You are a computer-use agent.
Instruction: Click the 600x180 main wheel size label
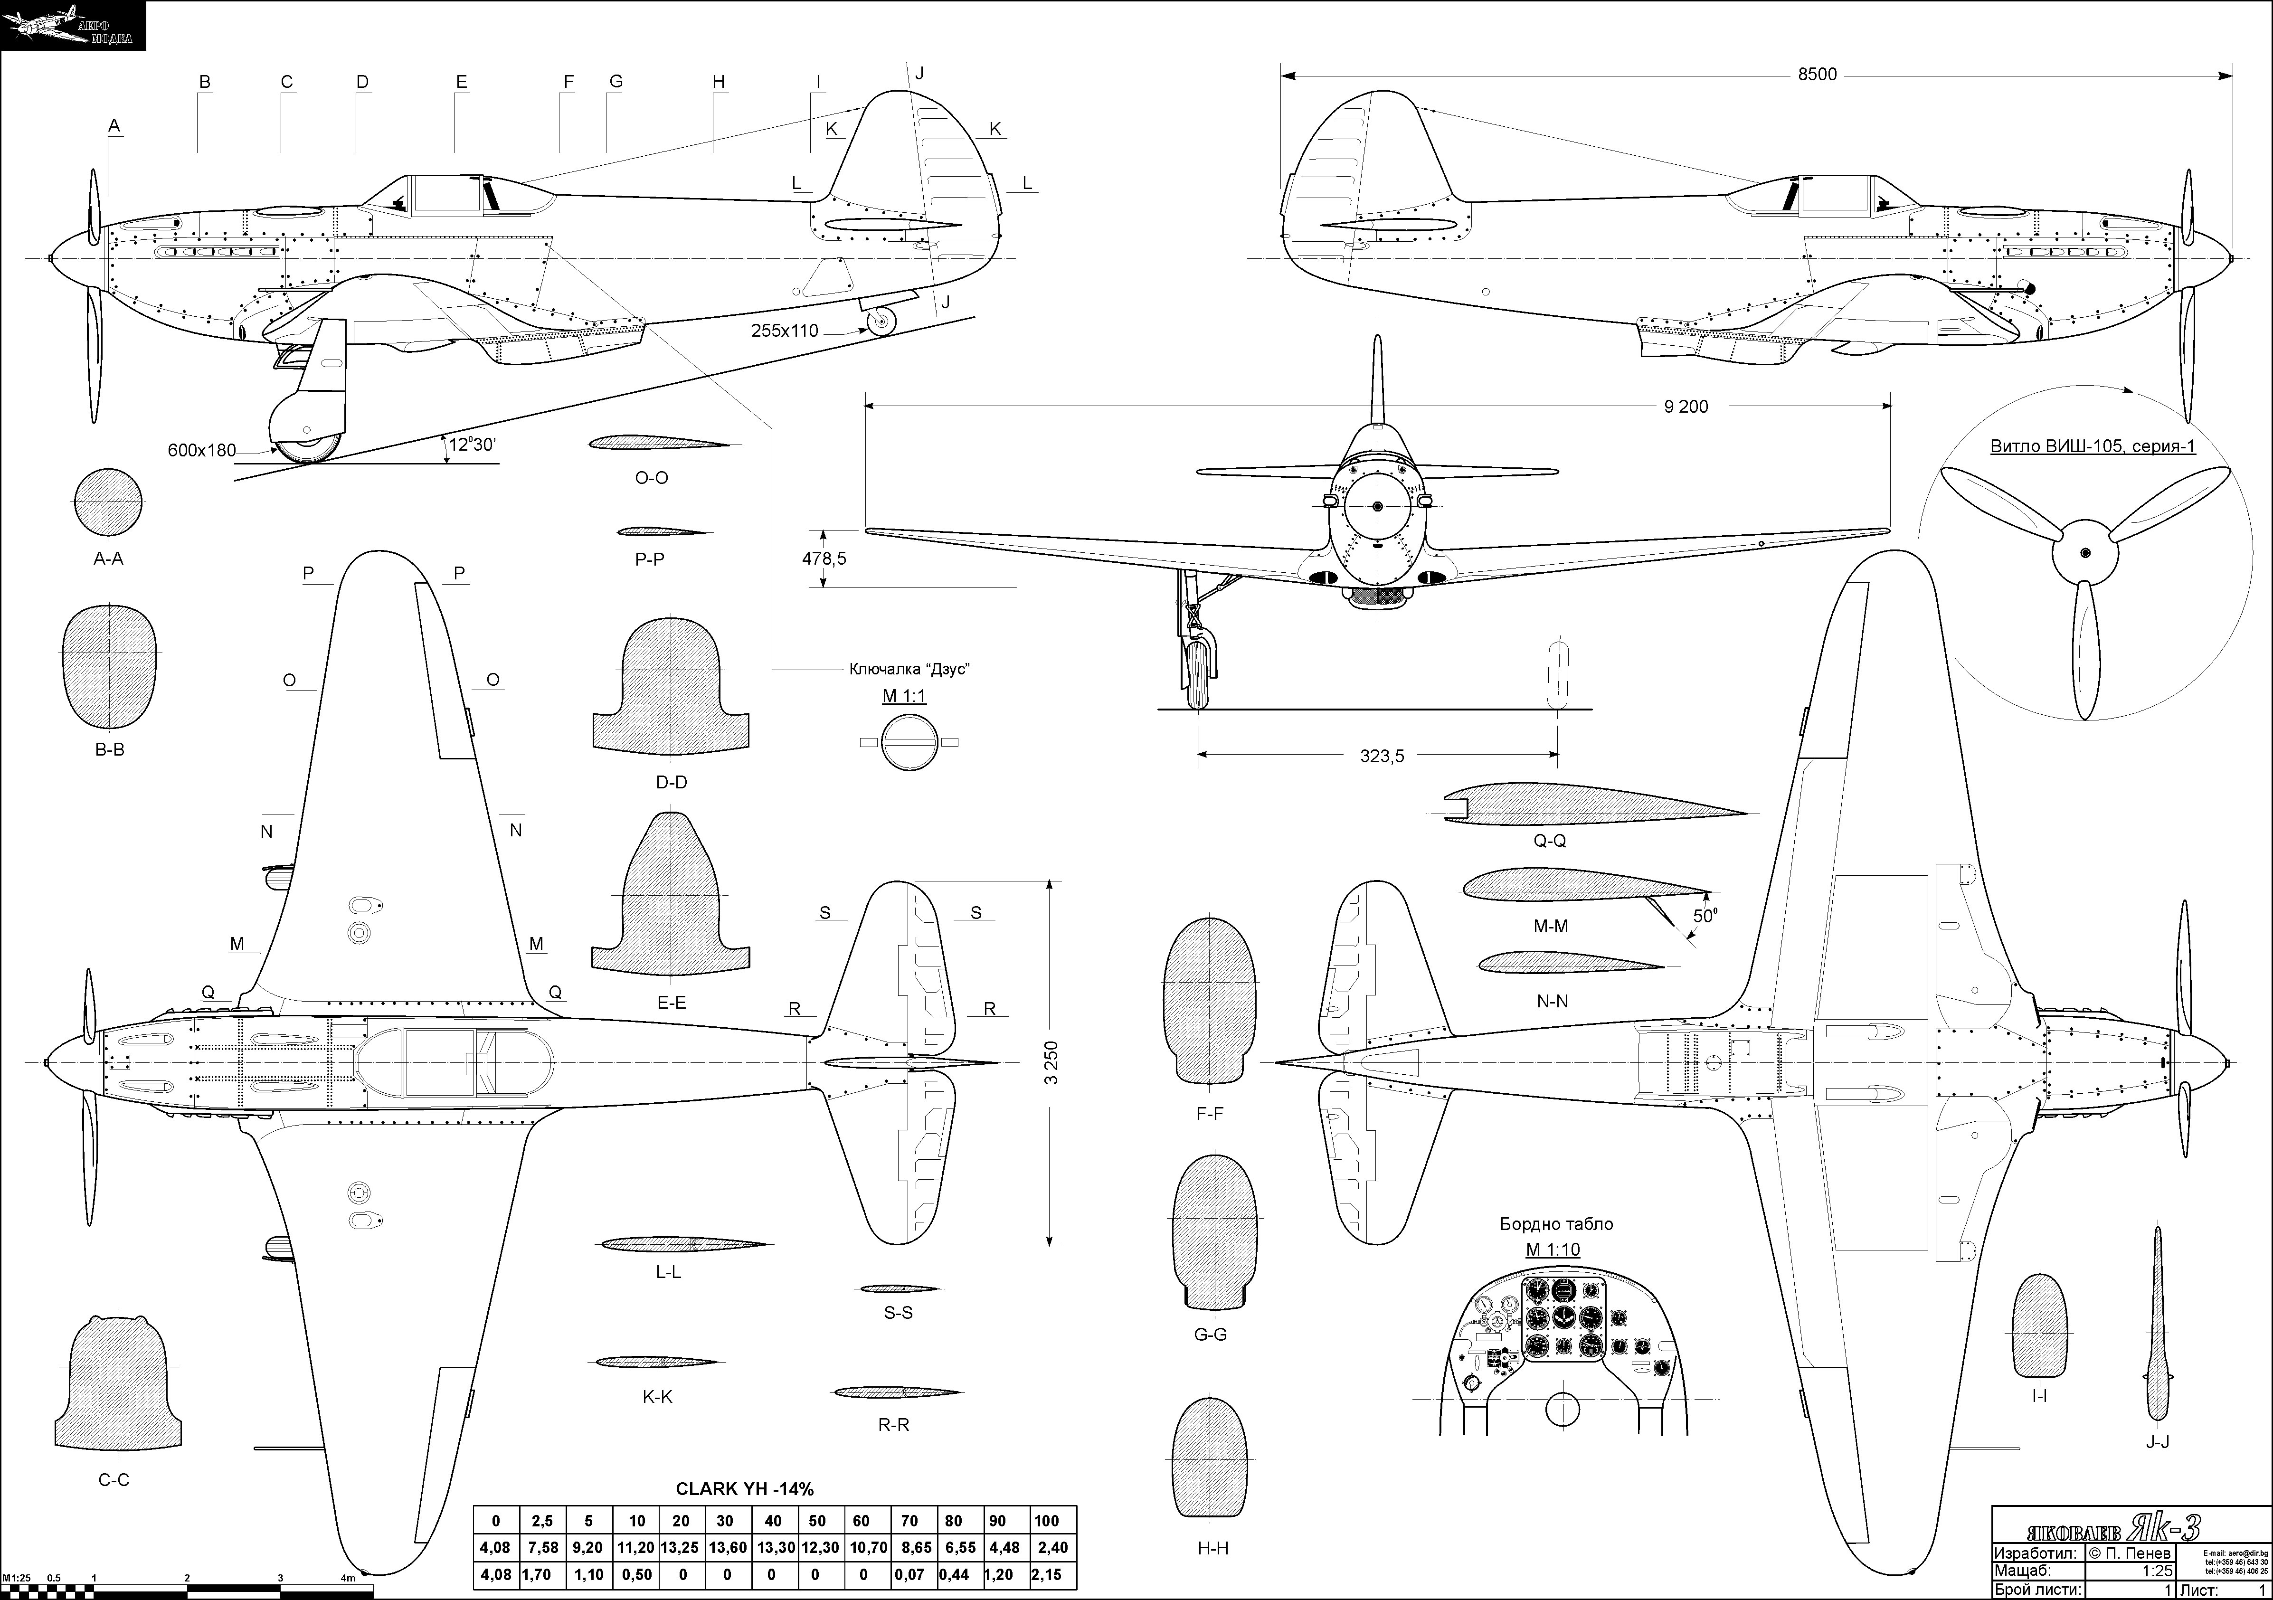(x=202, y=451)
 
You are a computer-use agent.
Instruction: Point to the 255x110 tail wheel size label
(x=784, y=331)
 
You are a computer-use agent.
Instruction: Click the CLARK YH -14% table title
(x=745, y=1488)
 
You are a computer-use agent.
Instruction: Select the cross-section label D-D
(x=671, y=782)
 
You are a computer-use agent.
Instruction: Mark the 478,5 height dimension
(x=824, y=559)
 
